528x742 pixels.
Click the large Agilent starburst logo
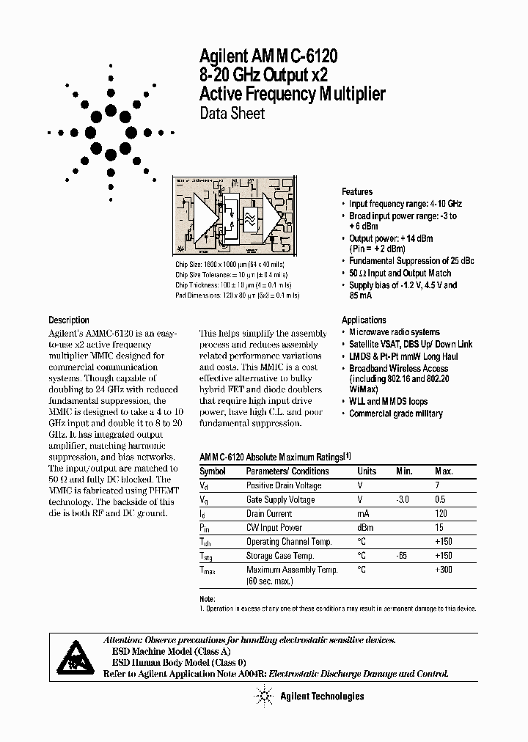click(111, 133)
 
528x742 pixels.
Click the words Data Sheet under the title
click(232, 114)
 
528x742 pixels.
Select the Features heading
click(357, 191)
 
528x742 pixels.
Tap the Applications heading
click(364, 320)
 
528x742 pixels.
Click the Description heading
click(69, 320)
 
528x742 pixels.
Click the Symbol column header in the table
click(213, 471)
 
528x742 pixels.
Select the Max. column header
click(444, 471)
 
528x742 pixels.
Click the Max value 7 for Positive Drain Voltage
click(438, 485)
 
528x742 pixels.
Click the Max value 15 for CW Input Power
click(439, 527)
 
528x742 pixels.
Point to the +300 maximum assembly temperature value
click(443, 570)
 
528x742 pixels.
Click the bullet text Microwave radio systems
click(395, 332)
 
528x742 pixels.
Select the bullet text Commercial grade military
click(396, 414)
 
